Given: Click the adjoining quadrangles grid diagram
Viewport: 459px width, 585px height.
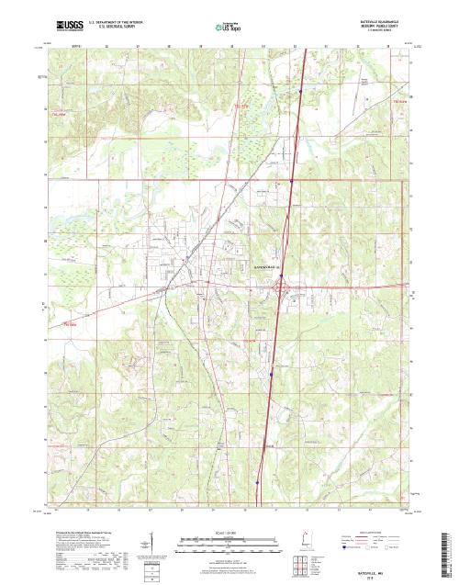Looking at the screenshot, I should point(302,563).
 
